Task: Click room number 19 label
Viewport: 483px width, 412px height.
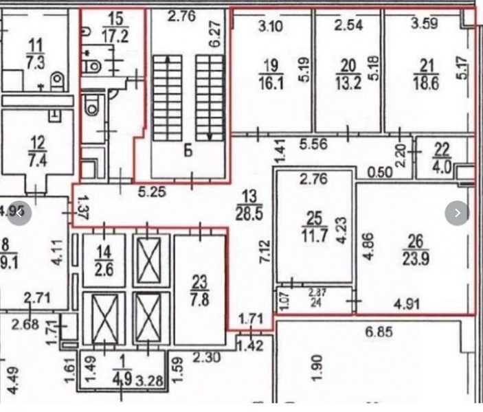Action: (270, 66)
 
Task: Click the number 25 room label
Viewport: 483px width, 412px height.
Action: (313, 220)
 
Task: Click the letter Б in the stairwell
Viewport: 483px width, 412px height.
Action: (187, 150)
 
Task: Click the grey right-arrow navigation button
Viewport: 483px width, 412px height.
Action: (457, 214)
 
